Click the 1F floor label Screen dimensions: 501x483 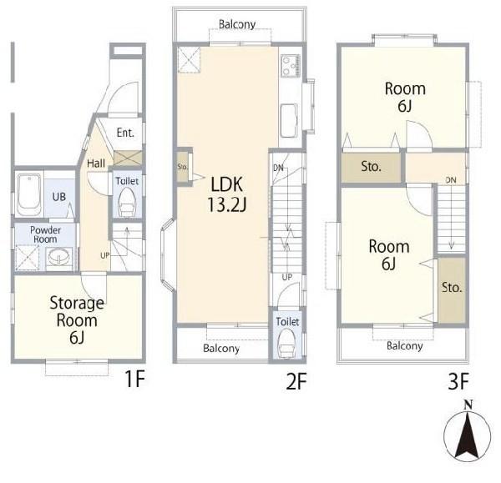[134, 379]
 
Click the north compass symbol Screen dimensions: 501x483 [467, 431]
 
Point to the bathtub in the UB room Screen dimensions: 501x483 [29, 194]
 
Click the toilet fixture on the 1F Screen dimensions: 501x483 [127, 201]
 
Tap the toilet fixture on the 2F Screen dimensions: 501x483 [286, 344]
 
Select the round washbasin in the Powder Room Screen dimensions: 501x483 [58, 256]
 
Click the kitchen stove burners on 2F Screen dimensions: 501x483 [291, 66]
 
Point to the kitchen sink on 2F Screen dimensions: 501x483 [289, 121]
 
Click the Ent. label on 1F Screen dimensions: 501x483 [125, 133]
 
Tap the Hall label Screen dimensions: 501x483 [96, 164]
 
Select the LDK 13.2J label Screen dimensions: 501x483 [227, 194]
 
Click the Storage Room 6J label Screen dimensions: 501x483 [77, 319]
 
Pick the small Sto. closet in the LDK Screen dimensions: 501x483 [184, 167]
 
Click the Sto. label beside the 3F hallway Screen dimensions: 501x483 [371, 166]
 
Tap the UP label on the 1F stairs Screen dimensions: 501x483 [105, 255]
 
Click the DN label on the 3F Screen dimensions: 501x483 [451, 180]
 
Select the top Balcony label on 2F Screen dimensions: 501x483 [237, 24]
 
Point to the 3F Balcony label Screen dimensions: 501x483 [404, 345]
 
